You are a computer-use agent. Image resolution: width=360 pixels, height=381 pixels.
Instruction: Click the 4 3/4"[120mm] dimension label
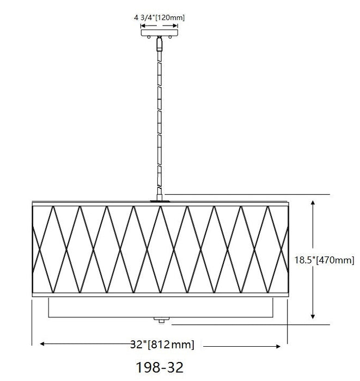(x=159, y=18)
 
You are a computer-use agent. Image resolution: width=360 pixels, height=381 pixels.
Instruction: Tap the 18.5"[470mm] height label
(x=324, y=260)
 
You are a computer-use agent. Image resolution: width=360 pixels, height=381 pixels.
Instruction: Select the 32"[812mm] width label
(x=162, y=345)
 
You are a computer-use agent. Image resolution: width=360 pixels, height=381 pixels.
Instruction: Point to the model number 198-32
(x=160, y=367)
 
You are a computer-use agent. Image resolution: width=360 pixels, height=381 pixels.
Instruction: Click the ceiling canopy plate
(x=160, y=33)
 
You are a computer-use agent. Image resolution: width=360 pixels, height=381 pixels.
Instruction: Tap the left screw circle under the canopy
(x=149, y=37)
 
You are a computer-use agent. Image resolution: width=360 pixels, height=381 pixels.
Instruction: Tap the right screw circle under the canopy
(x=170, y=37)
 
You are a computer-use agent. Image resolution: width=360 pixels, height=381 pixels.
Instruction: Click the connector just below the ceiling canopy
(x=160, y=44)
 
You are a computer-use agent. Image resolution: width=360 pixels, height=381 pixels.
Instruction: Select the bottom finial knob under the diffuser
(x=161, y=320)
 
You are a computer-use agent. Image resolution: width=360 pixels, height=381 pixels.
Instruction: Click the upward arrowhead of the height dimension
(x=313, y=203)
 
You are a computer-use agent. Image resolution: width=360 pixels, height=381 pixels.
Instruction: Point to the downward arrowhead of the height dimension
(x=313, y=316)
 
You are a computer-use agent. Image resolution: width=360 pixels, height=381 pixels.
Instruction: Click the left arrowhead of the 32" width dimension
(x=42, y=343)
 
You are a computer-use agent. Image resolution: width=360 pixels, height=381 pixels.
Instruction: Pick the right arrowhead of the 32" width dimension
(x=278, y=347)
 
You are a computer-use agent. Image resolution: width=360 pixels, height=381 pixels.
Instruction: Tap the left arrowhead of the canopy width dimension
(x=143, y=26)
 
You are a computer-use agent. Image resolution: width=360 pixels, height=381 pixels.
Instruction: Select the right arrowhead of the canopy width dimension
(x=175, y=26)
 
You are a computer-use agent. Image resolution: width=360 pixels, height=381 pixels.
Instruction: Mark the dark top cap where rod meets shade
(x=160, y=201)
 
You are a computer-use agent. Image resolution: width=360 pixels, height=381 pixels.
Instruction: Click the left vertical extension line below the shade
(x=32, y=322)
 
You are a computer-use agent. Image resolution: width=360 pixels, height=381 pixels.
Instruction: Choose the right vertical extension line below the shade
(x=288, y=322)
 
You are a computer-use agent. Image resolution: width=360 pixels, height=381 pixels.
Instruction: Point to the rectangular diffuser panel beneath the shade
(x=161, y=307)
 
